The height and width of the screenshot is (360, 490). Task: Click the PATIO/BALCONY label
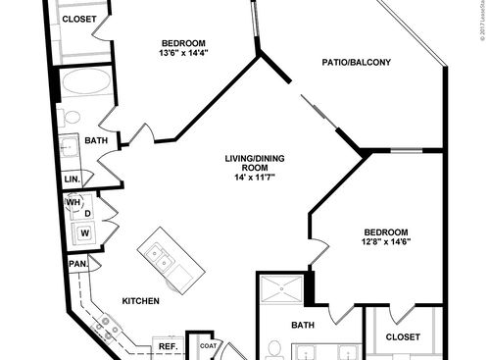(357, 63)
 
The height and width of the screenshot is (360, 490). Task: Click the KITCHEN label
(141, 301)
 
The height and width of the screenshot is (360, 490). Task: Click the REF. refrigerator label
(168, 346)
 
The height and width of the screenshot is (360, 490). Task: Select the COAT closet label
(207, 345)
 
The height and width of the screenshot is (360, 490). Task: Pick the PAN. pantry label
(77, 263)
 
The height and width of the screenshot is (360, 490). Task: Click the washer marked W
(85, 232)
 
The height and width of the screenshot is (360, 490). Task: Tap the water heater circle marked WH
(73, 203)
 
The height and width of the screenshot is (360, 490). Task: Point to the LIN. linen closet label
(73, 180)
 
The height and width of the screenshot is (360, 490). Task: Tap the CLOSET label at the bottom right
(402, 336)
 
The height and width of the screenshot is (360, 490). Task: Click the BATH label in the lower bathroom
(303, 325)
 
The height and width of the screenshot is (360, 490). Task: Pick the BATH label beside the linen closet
(96, 141)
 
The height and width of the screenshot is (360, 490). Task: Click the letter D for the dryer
(87, 212)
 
